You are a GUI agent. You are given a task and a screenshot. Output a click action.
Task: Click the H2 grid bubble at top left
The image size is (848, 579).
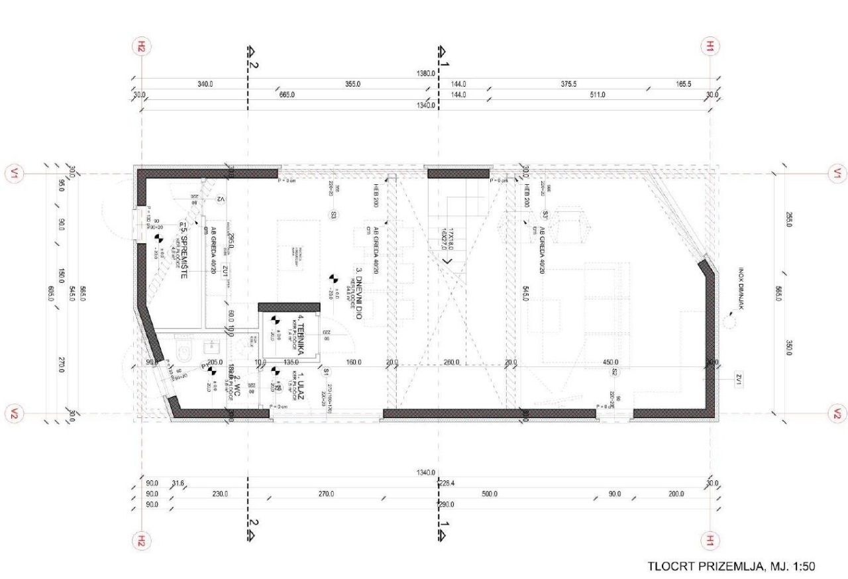140,46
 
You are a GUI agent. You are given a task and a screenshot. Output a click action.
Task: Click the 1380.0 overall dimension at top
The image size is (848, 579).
425,74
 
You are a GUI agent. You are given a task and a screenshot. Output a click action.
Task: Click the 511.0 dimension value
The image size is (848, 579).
597,95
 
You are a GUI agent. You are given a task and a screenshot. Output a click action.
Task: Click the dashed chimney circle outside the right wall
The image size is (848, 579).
730,323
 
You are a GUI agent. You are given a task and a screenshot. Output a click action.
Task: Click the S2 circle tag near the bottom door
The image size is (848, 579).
615,372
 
